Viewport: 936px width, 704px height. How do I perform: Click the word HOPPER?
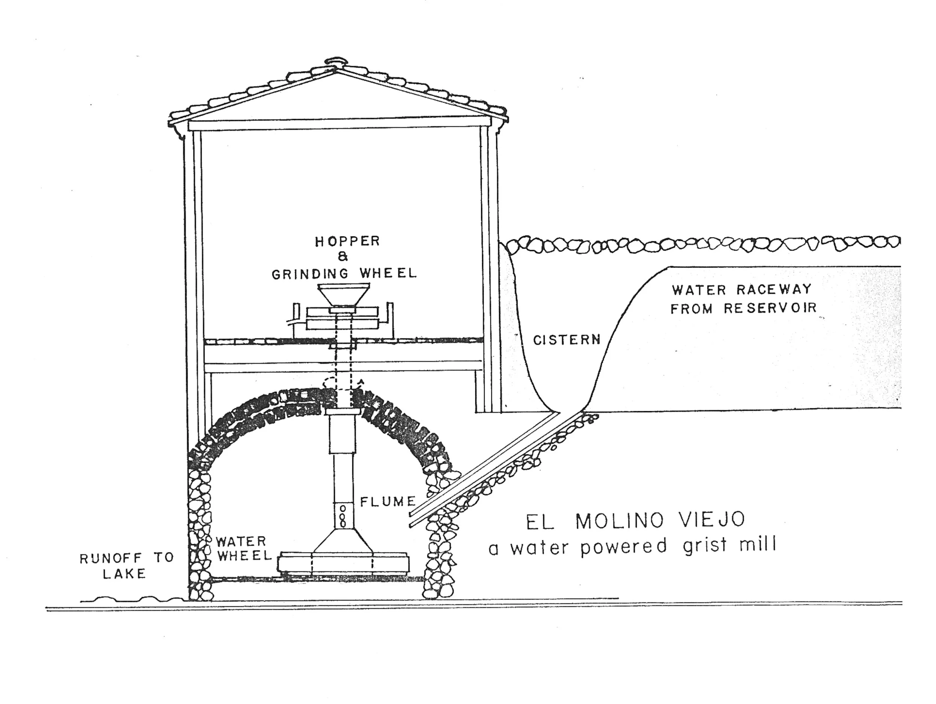coord(347,241)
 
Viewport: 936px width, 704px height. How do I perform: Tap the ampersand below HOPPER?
coord(343,257)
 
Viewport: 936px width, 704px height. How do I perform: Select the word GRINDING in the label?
coord(310,274)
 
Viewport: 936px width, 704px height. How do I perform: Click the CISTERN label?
coord(566,340)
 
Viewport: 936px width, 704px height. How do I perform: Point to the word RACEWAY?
coord(774,290)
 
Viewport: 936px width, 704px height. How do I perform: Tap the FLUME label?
coord(388,502)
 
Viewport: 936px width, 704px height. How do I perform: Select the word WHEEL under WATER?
coord(244,556)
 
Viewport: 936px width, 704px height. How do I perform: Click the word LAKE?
coord(124,574)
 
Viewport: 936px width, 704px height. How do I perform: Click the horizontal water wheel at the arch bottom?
coord(343,563)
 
